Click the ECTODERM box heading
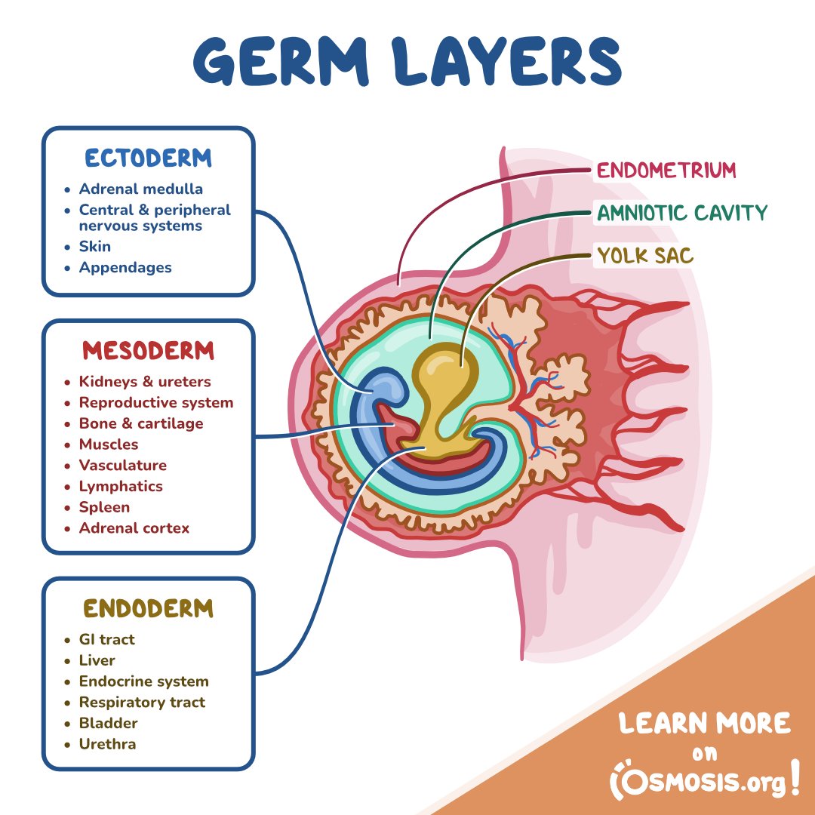pos(148,158)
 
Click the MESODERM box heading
pos(148,351)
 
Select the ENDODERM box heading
pos(148,608)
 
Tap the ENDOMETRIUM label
pos(666,171)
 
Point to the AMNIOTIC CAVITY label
pos(681,213)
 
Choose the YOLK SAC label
pos(644,256)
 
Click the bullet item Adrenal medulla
pos(140,189)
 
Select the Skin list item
pos(94,247)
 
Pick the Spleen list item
pos(104,507)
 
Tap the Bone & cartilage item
pos(140,423)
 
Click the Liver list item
pos(97,660)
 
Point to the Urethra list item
pos(107,744)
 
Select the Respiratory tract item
pos(142,702)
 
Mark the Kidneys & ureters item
pos(145,382)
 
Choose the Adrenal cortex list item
pos(134,528)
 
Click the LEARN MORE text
pos(704,724)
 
